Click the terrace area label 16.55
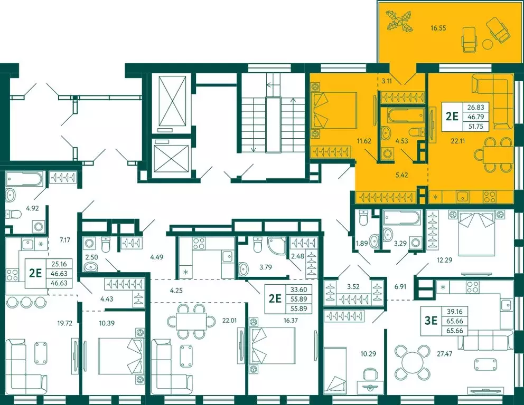click(x=438, y=28)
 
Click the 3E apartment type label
click(x=431, y=321)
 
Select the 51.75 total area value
click(x=475, y=126)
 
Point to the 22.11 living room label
click(x=457, y=141)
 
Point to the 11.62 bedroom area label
click(x=364, y=141)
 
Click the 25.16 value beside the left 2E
click(x=59, y=264)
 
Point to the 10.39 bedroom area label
click(x=97, y=323)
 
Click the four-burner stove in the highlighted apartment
click(x=490, y=197)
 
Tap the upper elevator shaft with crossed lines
click(x=172, y=102)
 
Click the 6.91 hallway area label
click(x=400, y=286)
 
